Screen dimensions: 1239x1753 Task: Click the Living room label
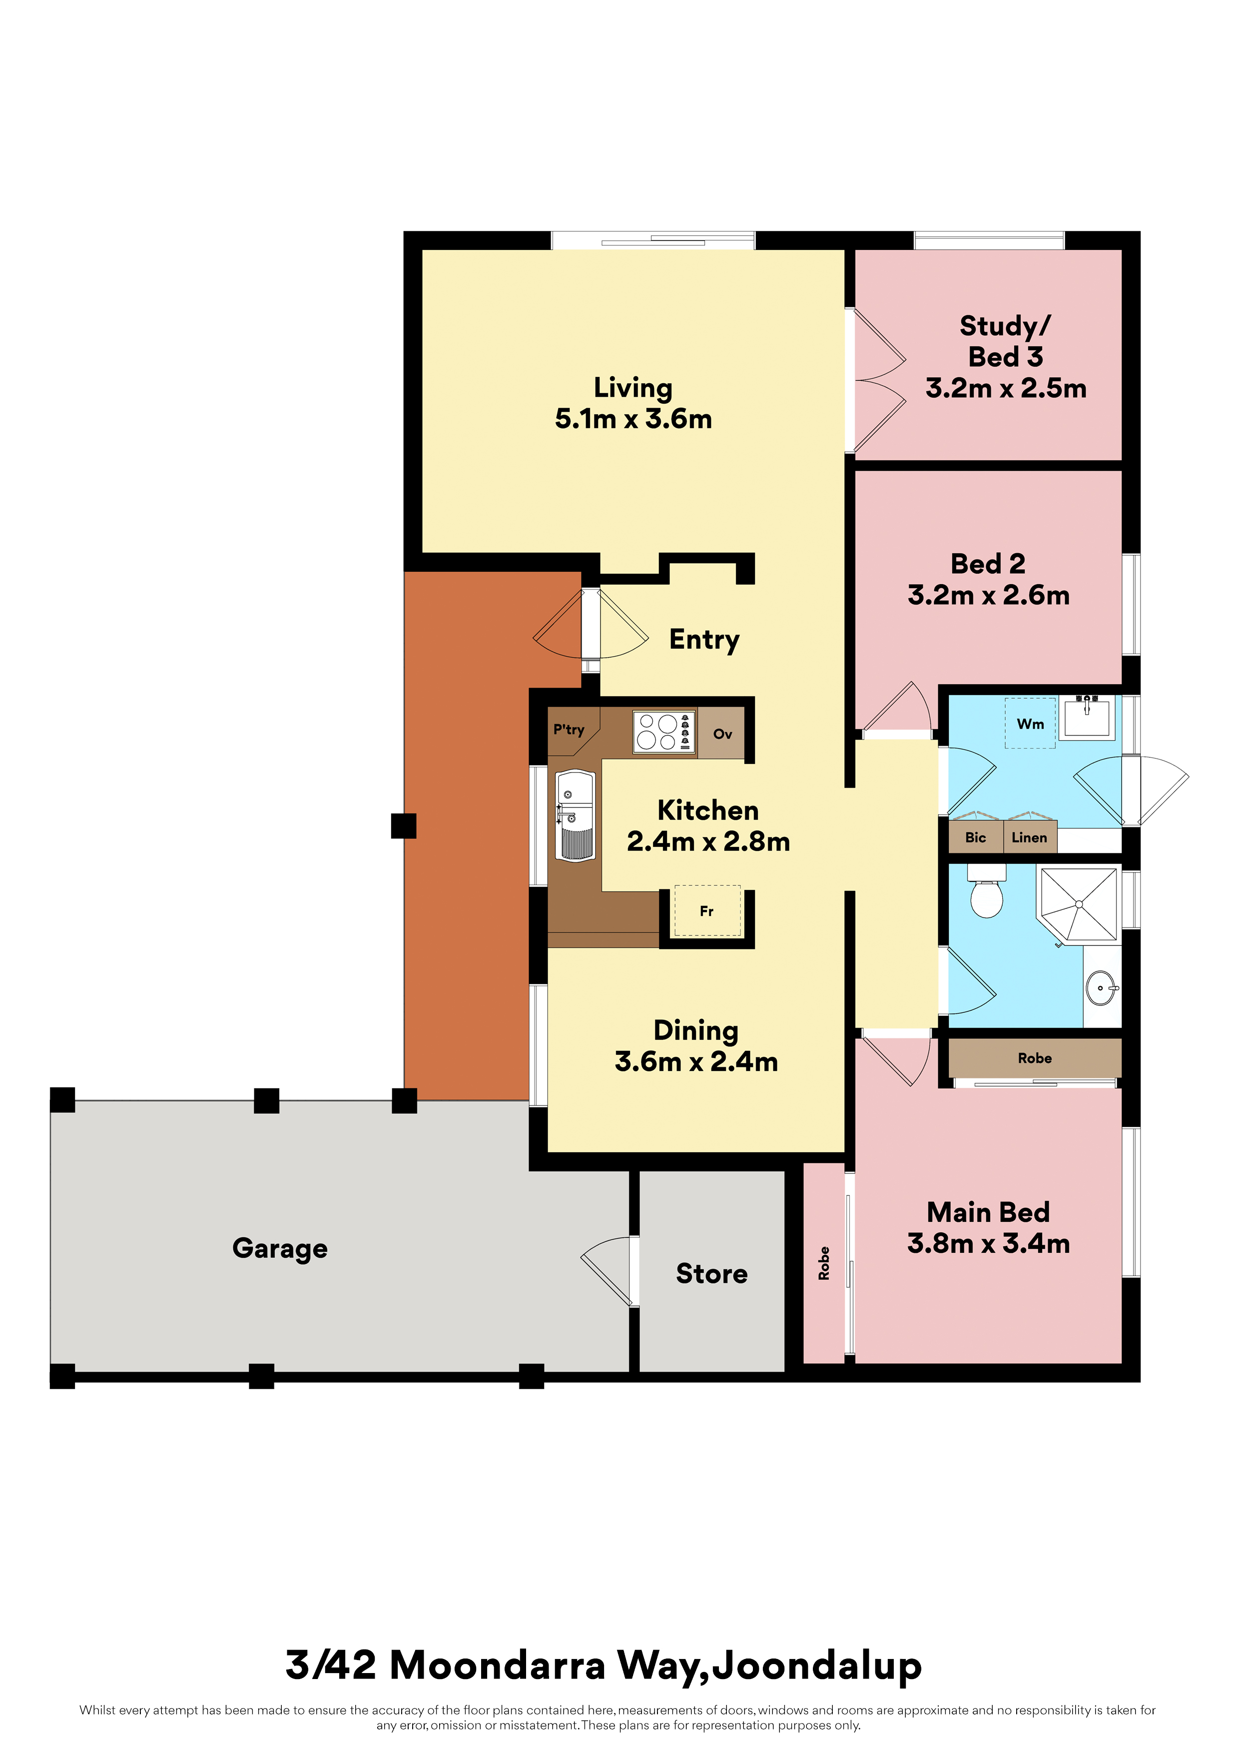point(633,388)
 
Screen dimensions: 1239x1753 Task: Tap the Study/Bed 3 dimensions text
point(1006,389)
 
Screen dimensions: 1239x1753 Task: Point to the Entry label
point(704,640)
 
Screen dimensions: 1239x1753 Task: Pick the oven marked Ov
point(722,733)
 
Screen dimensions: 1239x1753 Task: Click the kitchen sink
point(576,816)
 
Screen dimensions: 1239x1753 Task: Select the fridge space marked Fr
point(707,910)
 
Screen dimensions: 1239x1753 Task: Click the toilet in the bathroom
point(986,892)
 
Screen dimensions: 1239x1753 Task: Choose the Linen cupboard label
point(1029,838)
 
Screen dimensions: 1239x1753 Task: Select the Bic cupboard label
point(976,838)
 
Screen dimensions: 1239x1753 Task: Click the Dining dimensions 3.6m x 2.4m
point(696,1061)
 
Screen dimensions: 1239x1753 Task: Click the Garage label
point(280,1248)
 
